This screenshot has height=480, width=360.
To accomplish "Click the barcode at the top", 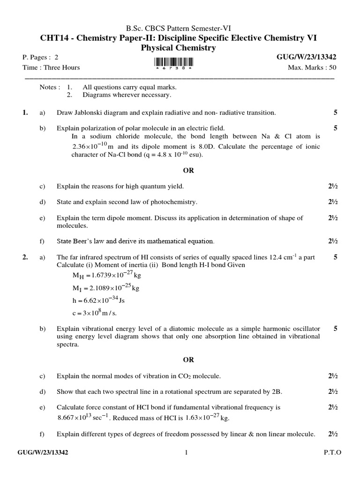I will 173,63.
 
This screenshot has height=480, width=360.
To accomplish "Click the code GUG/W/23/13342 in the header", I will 307,57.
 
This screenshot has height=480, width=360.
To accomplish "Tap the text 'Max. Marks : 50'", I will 312,67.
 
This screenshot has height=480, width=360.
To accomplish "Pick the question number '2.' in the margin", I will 25,257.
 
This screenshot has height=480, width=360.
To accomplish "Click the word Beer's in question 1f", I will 87,241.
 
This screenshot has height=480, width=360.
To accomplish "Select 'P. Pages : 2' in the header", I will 41,57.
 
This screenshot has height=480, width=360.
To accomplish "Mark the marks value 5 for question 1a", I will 335,112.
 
